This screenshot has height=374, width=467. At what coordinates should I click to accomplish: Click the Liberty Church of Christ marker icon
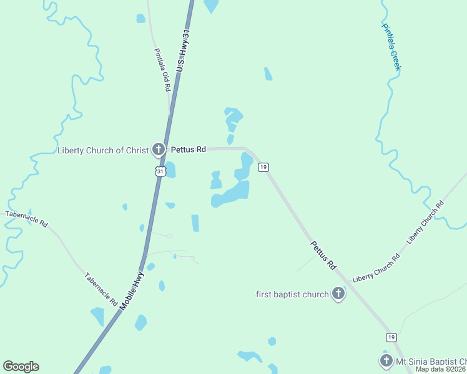[x=159, y=150]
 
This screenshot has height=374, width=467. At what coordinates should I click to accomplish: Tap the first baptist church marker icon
[x=338, y=293]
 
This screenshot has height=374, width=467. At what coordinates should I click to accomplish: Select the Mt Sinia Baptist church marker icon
[x=386, y=360]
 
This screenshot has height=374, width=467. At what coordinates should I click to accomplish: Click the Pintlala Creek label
[x=391, y=46]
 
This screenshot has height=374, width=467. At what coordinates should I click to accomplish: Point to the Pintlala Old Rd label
[x=162, y=70]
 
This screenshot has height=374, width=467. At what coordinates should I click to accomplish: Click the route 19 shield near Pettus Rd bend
[x=263, y=167]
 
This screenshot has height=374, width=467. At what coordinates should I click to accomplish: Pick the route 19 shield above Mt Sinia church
[x=391, y=337]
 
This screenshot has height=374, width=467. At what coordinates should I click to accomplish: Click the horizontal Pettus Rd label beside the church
[x=189, y=150]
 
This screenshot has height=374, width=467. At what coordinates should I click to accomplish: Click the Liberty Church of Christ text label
[x=103, y=150]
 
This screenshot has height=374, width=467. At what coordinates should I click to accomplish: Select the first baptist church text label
[x=292, y=294]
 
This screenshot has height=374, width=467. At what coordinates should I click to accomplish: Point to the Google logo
[x=21, y=367]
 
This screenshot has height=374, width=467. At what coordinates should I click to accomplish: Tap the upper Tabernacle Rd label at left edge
[x=26, y=218]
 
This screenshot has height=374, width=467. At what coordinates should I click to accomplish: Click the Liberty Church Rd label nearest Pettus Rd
[x=376, y=267]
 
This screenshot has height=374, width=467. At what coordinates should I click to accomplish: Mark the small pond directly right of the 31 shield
[x=170, y=170]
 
